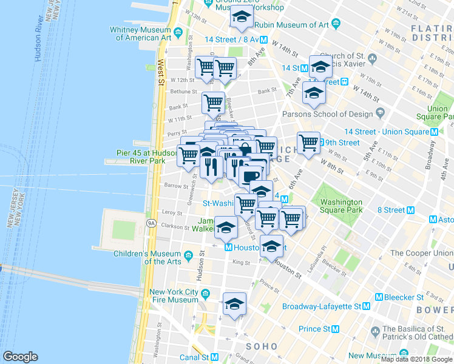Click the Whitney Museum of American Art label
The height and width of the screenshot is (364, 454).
(140, 33)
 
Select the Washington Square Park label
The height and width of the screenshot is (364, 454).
(341, 206)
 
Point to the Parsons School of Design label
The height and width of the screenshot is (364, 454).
(327, 114)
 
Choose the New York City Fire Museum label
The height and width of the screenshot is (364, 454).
(174, 295)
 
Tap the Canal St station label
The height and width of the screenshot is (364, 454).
(202, 357)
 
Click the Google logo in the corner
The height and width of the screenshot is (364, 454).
(21, 357)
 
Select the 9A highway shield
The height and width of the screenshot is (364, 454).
(150, 223)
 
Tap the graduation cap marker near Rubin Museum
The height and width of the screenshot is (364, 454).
(242, 18)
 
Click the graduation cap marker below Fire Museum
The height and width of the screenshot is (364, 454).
(234, 305)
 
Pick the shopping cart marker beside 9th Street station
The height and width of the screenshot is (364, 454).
(308, 144)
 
